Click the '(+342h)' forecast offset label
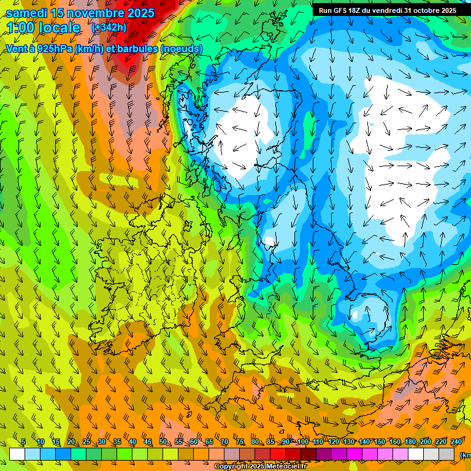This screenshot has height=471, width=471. [x=109, y=28]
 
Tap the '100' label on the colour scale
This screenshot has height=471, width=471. [x=302, y=442]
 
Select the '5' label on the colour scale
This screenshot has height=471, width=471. [x=23, y=442]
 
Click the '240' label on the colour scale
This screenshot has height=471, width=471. [x=456, y=442]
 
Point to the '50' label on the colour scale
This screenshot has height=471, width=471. [x=163, y=442]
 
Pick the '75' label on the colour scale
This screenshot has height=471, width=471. [x=240, y=442]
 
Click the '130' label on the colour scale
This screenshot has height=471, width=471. [x=348, y=442]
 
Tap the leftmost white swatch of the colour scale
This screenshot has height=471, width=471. [x=17, y=454]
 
